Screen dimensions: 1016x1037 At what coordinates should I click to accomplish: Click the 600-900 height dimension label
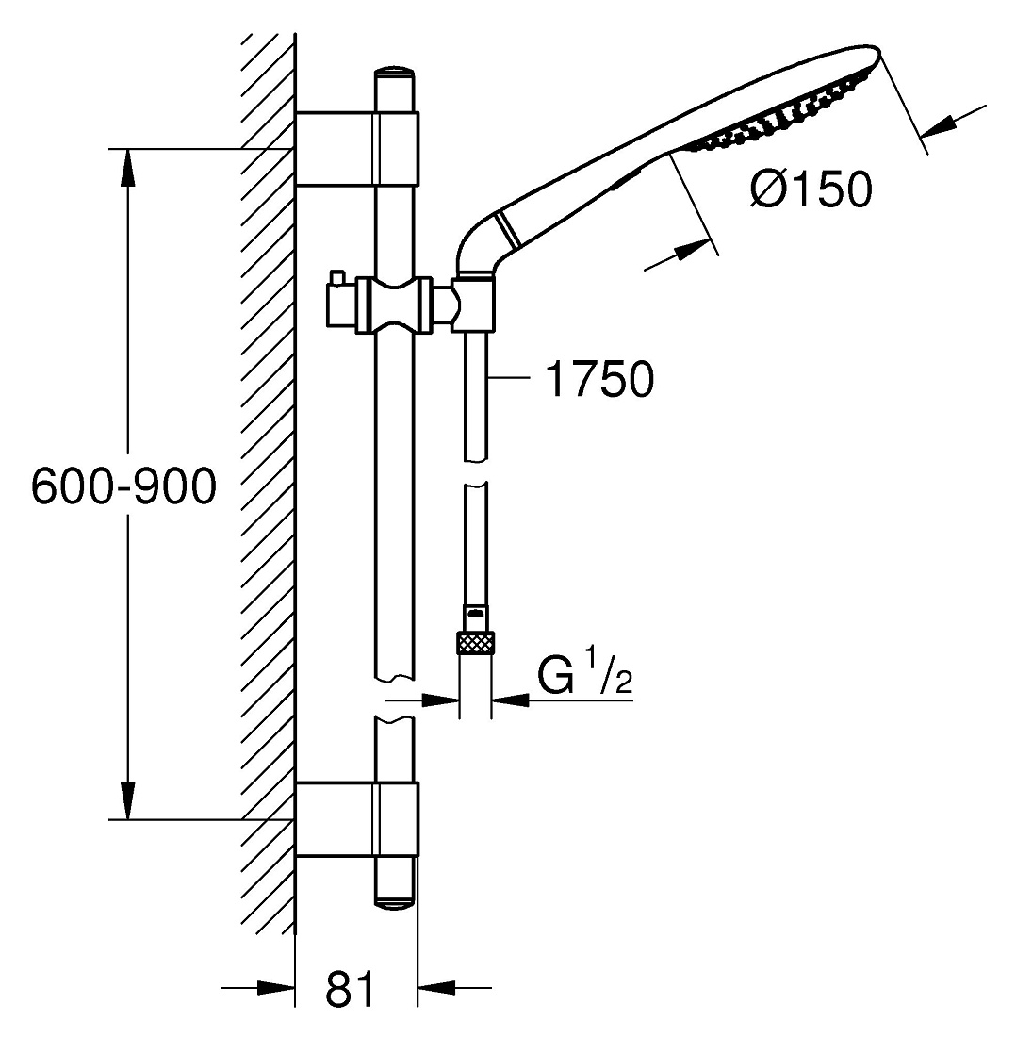pos(123,486)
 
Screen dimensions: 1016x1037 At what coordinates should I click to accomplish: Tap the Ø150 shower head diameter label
pos(811,189)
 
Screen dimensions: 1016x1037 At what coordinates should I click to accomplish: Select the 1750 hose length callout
pos(599,379)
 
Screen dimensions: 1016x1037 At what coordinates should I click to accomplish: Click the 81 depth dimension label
pos(350,989)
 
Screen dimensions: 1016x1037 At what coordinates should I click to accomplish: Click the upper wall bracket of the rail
pos(357,149)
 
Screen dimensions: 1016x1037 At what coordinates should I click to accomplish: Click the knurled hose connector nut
pos(475,643)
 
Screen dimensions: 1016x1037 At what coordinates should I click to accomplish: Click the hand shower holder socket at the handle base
pos(473,304)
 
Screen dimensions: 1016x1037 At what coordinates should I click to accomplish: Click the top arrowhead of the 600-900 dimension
pos(128,169)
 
